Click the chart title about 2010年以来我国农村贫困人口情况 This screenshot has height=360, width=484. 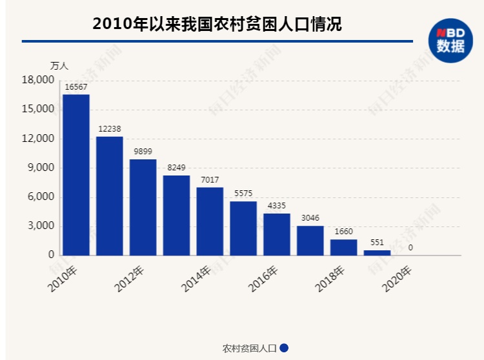pos(217,24)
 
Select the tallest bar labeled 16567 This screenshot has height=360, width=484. pos(76,175)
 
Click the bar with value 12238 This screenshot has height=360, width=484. pos(110,195)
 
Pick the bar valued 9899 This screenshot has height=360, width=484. pos(143,207)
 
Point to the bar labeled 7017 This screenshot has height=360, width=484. pos(210,221)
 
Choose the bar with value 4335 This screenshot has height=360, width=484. pos(277,234)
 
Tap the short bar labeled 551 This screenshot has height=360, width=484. pos(377,252)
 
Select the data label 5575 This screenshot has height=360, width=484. pos(243,193)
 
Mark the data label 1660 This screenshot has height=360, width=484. pos(344,231)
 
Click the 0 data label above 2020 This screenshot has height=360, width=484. pos(410,247)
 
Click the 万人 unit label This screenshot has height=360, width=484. pos(59,65)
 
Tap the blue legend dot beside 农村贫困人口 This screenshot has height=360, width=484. pos(284,348)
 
